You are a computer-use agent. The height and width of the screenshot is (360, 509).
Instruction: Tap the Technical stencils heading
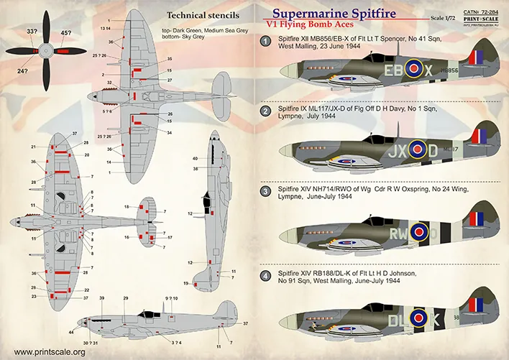pyautogui.click(x=203, y=14)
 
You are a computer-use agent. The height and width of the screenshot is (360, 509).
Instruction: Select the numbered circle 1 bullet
pyautogui.click(x=265, y=43)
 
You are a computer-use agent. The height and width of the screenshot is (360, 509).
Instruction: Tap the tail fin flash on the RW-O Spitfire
pyautogui.click(x=476, y=221)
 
